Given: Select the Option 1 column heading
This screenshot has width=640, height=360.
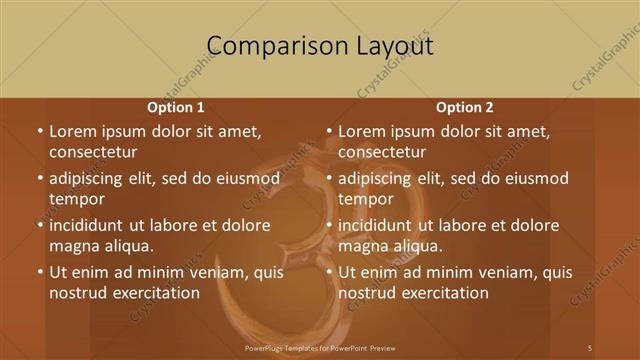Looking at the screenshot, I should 176,107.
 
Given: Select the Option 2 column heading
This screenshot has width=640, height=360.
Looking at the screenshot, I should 465,107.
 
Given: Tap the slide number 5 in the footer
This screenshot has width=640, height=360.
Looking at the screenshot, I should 590,347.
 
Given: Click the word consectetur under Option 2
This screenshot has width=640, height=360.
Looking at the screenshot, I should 383,152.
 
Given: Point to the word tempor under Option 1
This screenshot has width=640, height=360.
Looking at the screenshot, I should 77,199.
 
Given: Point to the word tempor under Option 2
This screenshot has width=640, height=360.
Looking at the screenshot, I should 366,199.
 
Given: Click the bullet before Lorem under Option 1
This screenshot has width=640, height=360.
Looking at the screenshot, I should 39,132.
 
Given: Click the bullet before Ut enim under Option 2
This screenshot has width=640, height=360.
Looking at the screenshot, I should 328,272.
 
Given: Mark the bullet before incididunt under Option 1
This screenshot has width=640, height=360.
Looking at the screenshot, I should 39,225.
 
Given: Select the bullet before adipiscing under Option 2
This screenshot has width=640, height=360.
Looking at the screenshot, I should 328,179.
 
